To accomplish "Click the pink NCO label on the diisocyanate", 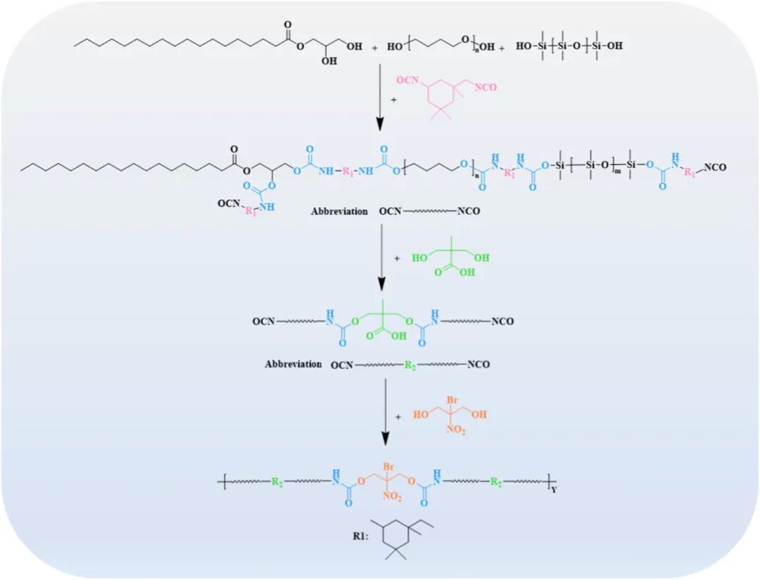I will pyautogui.click(x=486, y=87).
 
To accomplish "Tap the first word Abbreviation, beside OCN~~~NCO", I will pyautogui.click(x=339, y=210).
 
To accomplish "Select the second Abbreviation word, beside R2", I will pyautogui.click(x=294, y=364).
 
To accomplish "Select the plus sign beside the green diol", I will pyautogui.click(x=398, y=259).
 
